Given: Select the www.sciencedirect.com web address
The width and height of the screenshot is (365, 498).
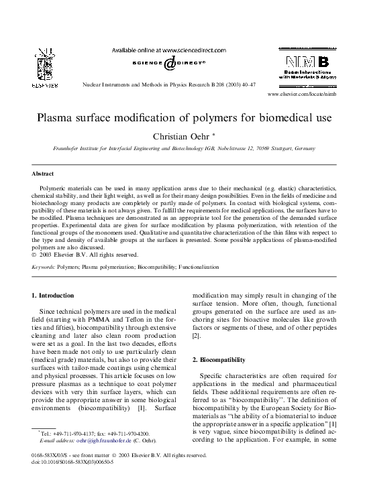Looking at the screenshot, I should point(192,50).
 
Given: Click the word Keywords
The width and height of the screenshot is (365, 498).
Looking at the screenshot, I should point(46,267).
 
